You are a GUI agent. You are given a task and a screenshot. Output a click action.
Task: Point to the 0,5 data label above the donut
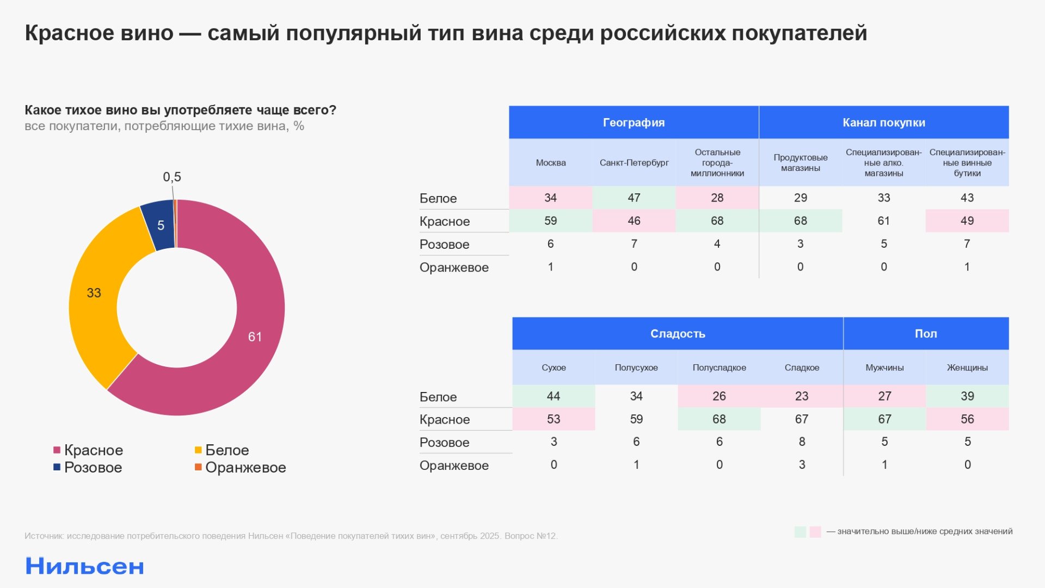point(172,177)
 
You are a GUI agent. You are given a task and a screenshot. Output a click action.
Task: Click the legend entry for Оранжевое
point(240,467)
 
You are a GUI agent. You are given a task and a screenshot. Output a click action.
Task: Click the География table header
point(634,122)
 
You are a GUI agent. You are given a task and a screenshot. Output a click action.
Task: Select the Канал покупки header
point(883,122)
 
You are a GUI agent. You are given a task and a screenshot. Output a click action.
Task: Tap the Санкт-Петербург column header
point(634,163)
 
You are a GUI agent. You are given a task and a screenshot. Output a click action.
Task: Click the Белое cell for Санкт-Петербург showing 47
point(634,198)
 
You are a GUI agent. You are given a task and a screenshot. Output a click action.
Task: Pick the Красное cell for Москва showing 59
point(550,220)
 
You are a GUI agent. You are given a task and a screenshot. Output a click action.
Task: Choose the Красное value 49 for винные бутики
point(967,220)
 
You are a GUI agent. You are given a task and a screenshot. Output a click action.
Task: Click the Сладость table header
point(678,334)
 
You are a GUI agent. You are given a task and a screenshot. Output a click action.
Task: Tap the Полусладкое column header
point(719,367)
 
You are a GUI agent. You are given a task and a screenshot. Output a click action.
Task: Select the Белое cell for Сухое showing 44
point(554,396)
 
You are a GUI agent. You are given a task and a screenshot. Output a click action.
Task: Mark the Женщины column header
point(967,367)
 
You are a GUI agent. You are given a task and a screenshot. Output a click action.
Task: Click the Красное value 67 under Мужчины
point(884,419)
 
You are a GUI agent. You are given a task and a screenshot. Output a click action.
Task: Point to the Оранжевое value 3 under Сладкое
point(802,464)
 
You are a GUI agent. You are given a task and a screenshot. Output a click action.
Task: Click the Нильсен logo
point(84,566)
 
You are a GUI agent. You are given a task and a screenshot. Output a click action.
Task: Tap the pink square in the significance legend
point(815,532)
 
